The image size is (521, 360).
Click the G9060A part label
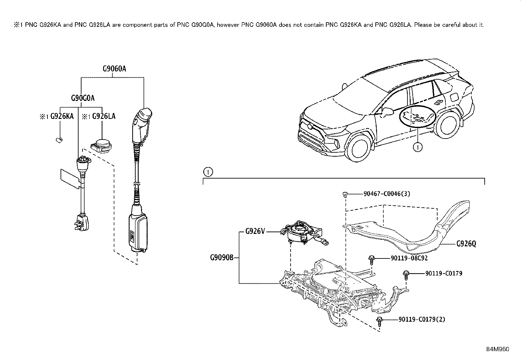point(114,69)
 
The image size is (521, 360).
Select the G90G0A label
point(83,98)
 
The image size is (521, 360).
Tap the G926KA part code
point(62,116)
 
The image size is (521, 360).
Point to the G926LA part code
point(103,116)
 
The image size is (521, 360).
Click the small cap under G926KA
point(59,140)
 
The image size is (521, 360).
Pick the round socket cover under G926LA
point(102,145)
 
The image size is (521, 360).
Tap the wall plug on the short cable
point(80,222)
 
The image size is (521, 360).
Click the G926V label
point(255,232)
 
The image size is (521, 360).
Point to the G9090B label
point(222,257)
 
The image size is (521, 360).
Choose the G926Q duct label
point(466,244)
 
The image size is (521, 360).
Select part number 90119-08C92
point(409,258)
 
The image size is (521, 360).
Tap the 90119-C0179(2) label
point(422,319)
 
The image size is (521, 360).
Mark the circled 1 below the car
point(417,147)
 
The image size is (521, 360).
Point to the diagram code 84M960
point(497,349)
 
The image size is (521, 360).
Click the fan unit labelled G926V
point(299,233)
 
